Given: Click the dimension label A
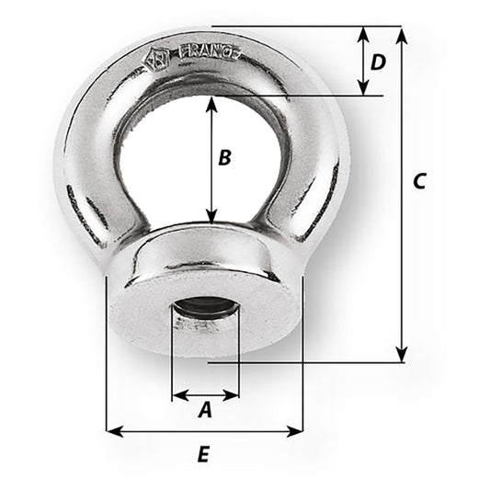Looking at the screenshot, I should (205, 412).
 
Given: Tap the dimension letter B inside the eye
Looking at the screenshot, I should (223, 157).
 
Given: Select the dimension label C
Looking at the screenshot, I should (418, 181).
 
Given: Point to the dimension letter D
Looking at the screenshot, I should (377, 63).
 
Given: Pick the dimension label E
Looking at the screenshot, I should (204, 453).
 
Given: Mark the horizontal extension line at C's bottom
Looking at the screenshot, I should (303, 362).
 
